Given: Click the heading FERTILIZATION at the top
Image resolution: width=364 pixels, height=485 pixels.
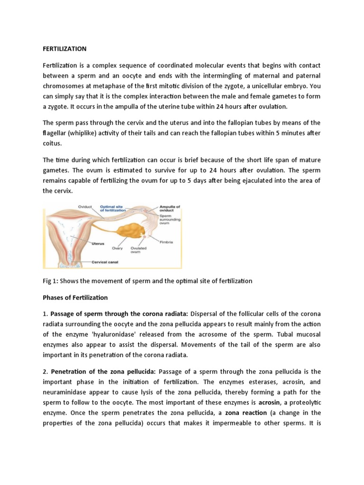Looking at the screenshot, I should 64,49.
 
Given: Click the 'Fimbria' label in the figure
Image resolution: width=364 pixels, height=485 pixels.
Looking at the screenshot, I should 166,242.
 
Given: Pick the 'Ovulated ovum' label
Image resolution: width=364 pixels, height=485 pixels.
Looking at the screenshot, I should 138,250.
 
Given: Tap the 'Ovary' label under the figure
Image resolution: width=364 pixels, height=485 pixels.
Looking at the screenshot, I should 118,248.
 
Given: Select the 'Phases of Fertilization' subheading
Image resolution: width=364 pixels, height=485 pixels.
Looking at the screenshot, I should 75,298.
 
